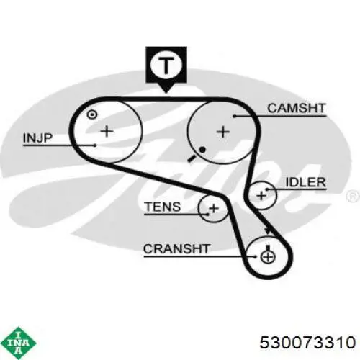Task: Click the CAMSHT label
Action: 297,108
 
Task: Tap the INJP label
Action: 37,138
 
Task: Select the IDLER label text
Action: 306,182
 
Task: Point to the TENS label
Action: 163,207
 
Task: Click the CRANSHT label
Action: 177,249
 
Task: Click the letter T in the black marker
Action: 166,66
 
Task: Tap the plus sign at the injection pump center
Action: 107,131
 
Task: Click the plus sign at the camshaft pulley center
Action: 223,132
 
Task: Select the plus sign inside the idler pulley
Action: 261,196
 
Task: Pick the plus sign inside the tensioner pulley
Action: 214,208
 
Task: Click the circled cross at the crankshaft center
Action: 268,257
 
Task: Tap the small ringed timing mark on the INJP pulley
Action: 92,114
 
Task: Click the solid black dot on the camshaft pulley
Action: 202,150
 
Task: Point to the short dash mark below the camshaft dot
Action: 192,158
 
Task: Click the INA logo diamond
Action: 19,343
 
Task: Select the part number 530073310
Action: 307,342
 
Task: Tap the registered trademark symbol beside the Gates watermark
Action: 353,197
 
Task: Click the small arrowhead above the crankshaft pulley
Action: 267,231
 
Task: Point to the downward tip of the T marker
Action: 166,92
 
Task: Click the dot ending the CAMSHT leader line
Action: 235,116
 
